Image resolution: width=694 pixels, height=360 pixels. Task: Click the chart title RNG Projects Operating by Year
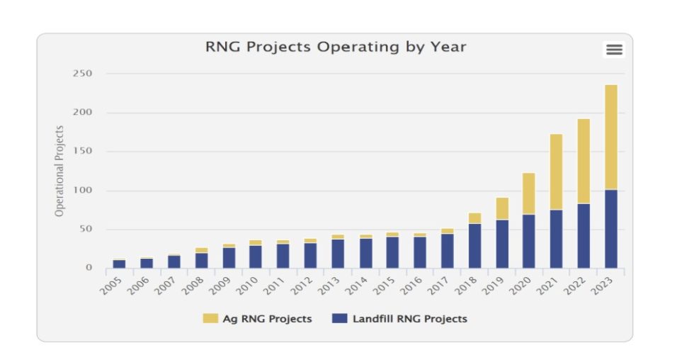click(x=336, y=47)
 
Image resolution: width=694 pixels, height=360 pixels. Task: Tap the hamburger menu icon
click(x=614, y=50)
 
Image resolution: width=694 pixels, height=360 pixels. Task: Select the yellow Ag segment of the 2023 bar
click(x=610, y=137)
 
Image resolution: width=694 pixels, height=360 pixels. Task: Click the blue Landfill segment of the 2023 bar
click(x=610, y=229)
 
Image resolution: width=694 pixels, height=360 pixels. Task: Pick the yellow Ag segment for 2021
click(x=556, y=171)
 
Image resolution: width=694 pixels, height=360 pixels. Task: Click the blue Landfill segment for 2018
click(x=474, y=245)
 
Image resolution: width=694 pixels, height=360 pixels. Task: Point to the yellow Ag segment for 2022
click(x=584, y=161)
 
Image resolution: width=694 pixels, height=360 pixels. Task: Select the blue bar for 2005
click(x=119, y=264)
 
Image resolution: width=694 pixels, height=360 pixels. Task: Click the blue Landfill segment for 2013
click(x=338, y=254)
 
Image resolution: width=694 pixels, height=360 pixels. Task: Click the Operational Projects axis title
click(x=60, y=171)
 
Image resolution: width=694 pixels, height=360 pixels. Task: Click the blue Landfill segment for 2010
click(x=256, y=257)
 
